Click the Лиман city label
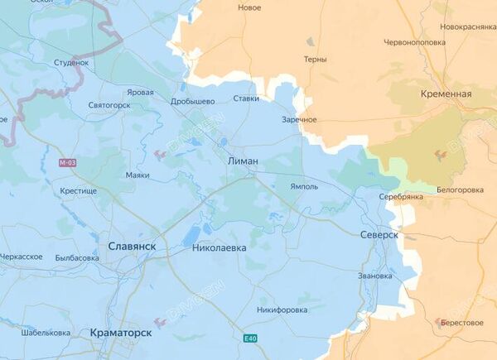243,161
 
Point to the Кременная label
446,94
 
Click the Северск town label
379,235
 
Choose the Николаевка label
219,247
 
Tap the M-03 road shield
67,163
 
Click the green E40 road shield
250,338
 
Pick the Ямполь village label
304,187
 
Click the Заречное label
299,120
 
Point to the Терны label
315,60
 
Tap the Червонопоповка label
413,41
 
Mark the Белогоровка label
460,190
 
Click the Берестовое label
462,322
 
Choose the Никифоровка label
284,310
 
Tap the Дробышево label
193,101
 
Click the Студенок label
70,62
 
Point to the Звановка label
374,275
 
